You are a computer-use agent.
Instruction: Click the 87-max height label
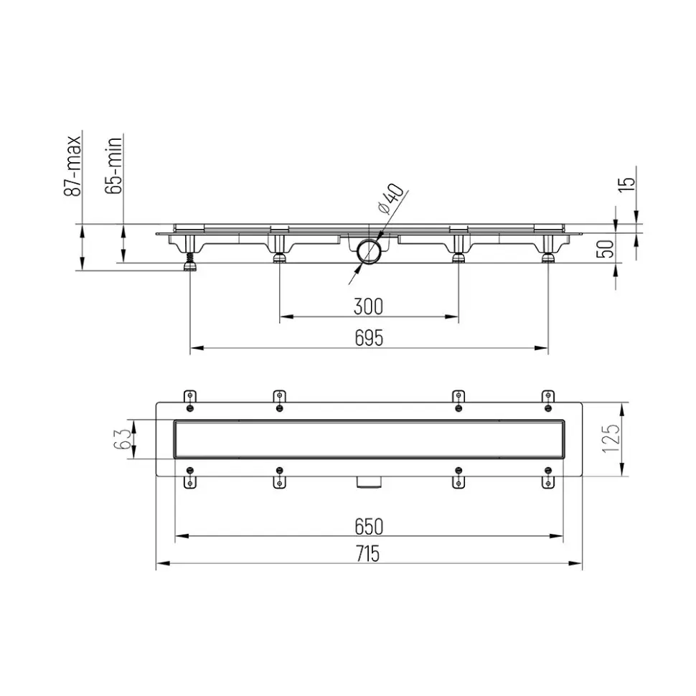pos(73,166)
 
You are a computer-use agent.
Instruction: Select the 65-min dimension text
pos(113,166)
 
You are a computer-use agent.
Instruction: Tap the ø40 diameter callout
pos(390,198)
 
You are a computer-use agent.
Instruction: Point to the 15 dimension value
pos(626,184)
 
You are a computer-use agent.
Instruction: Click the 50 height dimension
pos(606,249)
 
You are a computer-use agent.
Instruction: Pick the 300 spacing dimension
pos(368,306)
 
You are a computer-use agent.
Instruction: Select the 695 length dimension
pos(369,338)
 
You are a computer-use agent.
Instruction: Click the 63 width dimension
pos(122,439)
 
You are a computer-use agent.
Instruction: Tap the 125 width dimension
pos(611,438)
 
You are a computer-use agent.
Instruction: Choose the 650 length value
pos(369,527)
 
